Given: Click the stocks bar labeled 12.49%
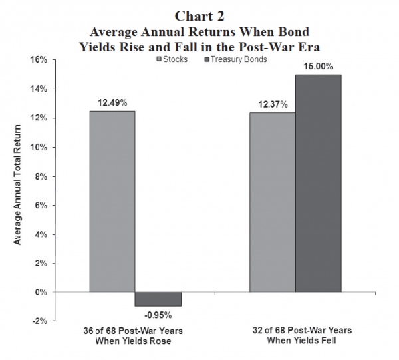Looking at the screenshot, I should pyautogui.click(x=112, y=201).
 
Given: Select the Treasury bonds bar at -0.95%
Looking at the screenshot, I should pyautogui.click(x=158, y=299).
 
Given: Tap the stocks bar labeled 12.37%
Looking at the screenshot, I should pyautogui.click(x=272, y=202).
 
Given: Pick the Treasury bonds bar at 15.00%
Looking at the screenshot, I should pyautogui.click(x=318, y=183).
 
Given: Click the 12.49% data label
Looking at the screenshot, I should pyautogui.click(x=112, y=104).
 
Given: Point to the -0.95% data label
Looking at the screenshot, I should pyautogui.click(x=158, y=315).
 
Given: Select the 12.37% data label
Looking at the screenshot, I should pyautogui.click(x=272, y=105).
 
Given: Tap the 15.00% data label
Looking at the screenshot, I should pyautogui.click(x=319, y=67).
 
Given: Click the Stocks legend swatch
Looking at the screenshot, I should pyautogui.click(x=160, y=60).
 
